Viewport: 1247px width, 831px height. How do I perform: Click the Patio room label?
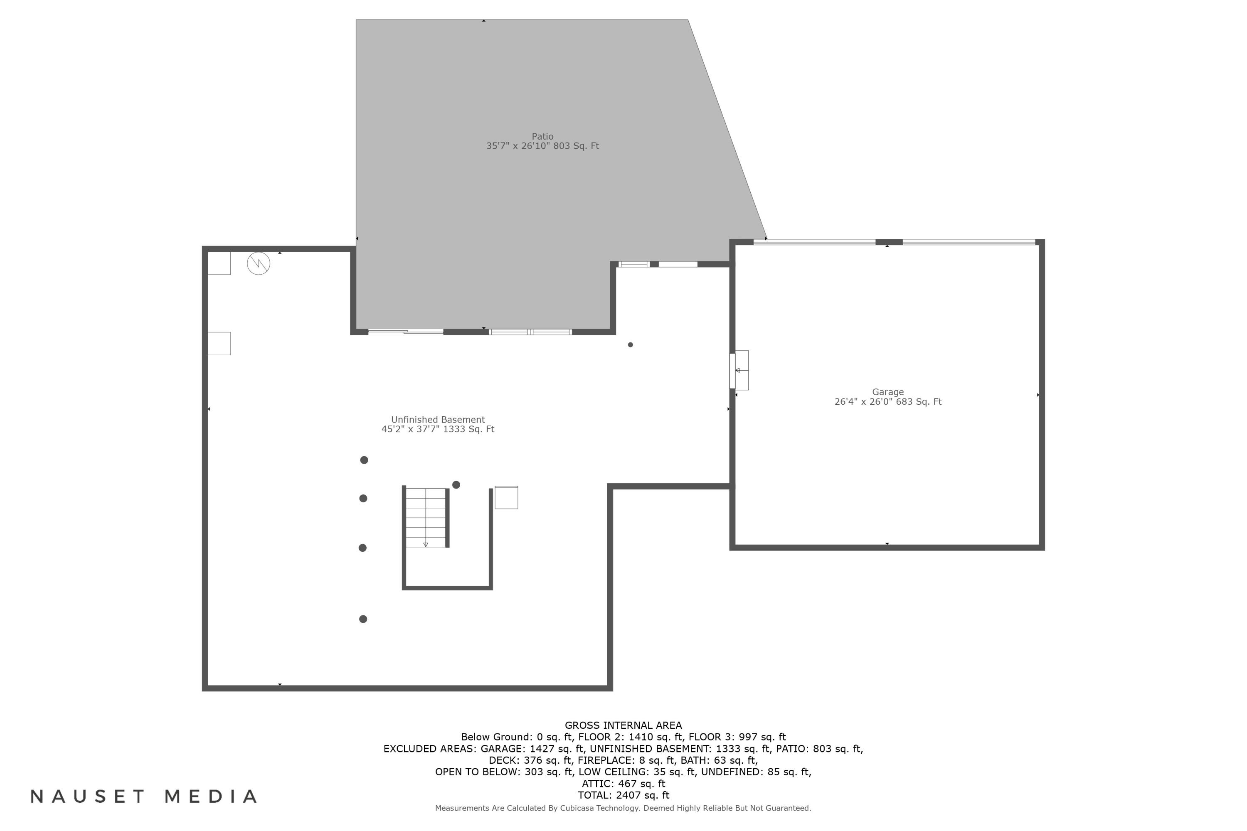542,137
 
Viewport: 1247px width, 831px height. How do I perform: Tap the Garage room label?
887,392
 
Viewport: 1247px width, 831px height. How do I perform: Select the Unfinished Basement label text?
438,420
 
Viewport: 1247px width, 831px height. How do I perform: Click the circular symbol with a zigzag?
259,263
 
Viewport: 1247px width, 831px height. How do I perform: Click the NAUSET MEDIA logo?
144,797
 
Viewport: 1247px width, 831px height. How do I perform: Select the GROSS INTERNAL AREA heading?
623,725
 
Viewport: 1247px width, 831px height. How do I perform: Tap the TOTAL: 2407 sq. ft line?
623,796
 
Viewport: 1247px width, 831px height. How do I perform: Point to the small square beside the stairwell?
506,498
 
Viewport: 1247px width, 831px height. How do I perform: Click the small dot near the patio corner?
631,345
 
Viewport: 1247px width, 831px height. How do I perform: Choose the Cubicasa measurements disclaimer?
623,808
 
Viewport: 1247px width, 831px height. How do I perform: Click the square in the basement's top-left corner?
219,263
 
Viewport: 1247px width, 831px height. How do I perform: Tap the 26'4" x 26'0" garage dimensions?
887,402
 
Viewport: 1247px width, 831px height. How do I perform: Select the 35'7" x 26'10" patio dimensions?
542,146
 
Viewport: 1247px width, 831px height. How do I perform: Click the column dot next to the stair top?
456,485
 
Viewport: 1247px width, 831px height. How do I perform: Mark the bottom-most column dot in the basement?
363,619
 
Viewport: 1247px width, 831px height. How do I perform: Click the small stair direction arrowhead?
426,545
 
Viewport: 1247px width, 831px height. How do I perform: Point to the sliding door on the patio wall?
406,332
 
